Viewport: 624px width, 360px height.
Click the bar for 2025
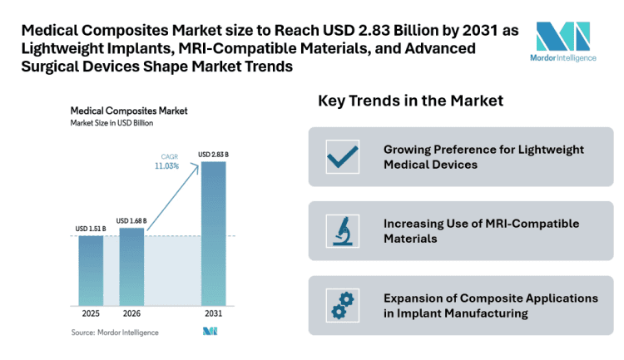[x=91, y=270]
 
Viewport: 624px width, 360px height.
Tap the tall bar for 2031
[x=213, y=233]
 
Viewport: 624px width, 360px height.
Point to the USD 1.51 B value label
[x=91, y=228]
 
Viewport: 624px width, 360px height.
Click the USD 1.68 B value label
[x=131, y=220]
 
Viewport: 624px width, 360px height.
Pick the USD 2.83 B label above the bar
[x=213, y=154]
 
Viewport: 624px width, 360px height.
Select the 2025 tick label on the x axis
[x=91, y=314]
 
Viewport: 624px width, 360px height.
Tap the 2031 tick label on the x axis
[x=213, y=314]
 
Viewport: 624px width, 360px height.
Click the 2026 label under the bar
[x=131, y=314]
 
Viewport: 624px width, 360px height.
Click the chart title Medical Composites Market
[x=128, y=110]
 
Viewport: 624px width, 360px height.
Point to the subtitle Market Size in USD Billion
[x=111, y=123]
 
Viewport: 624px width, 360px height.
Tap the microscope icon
[x=341, y=231]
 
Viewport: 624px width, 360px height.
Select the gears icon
[x=341, y=305]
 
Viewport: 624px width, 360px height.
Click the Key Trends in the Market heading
[x=410, y=101]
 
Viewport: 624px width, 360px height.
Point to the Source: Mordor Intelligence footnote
[x=114, y=333]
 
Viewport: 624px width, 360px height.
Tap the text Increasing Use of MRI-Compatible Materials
[x=481, y=231]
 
